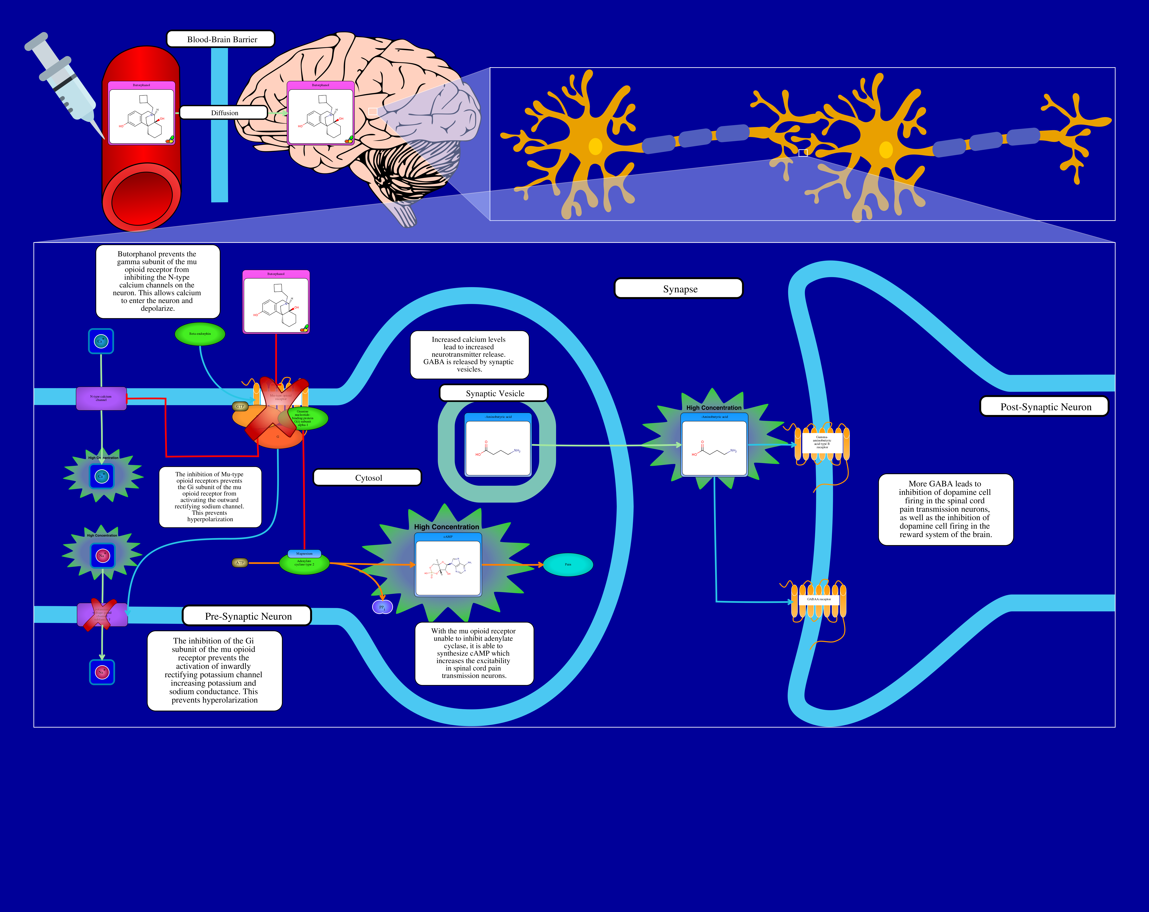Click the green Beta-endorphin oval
tap(200, 334)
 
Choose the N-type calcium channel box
tap(101, 398)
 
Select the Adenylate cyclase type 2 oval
tap(304, 564)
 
